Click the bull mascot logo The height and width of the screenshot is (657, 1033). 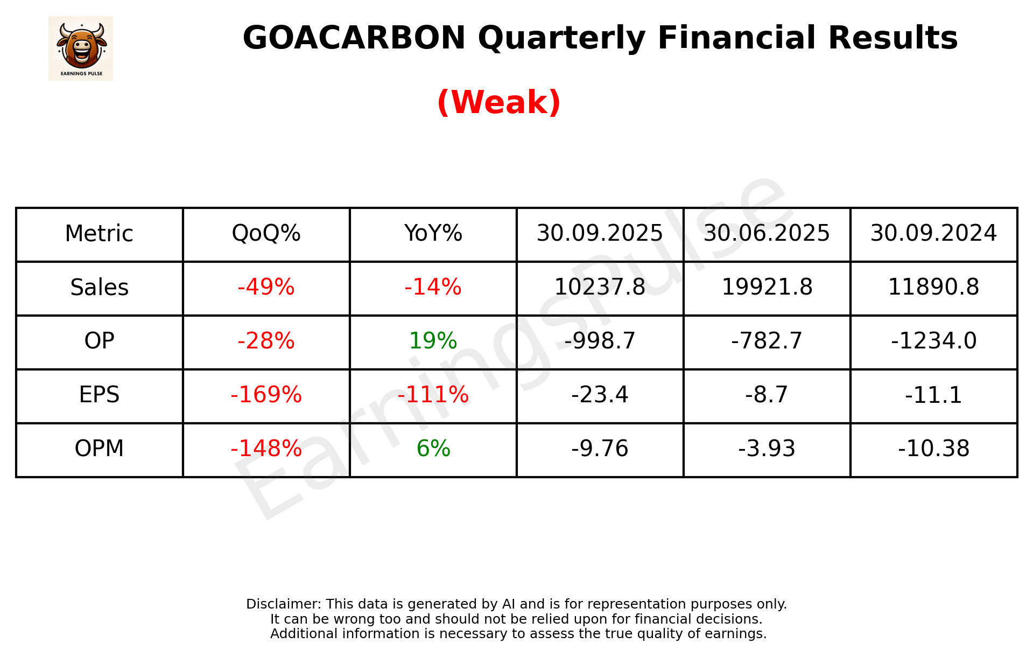[81, 48]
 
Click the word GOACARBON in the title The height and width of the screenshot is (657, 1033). [354, 38]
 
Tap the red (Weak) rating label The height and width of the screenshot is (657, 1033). [498, 102]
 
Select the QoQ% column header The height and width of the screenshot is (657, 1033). [266, 234]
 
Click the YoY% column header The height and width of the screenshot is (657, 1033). [433, 234]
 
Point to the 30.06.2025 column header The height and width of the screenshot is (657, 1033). [767, 234]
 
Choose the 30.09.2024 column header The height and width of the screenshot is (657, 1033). [933, 234]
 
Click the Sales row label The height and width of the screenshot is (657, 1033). [100, 288]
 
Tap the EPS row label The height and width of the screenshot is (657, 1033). [100, 395]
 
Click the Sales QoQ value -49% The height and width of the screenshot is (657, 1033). [266, 288]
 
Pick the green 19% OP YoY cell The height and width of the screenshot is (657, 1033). [433, 341]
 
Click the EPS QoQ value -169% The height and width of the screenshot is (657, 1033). [266, 395]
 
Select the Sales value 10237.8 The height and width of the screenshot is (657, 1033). [600, 288]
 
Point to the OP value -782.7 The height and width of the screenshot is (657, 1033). [767, 341]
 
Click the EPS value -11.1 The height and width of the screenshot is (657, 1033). [933, 395]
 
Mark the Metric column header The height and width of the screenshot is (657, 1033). [100, 234]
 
